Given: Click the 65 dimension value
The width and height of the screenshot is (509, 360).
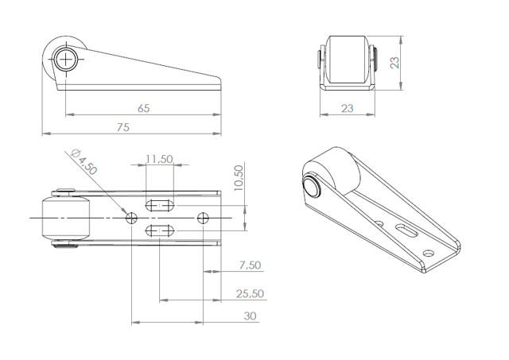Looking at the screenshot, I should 143,108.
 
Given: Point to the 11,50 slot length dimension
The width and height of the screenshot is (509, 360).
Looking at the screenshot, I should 160,159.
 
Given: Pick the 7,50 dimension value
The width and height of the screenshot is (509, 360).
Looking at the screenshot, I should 249,265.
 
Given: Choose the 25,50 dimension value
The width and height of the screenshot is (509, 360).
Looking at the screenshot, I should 250,293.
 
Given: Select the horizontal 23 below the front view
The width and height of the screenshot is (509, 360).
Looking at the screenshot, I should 348,108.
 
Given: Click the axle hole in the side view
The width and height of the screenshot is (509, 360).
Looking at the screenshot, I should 65,58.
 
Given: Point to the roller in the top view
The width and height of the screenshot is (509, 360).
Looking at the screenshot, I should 64,219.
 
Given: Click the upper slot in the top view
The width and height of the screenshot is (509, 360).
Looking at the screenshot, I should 160,203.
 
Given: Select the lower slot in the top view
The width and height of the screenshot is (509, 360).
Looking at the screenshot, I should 160,230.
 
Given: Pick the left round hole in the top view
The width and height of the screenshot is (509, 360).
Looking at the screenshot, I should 132,216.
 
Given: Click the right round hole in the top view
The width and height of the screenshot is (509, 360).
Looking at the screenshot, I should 204,216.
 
